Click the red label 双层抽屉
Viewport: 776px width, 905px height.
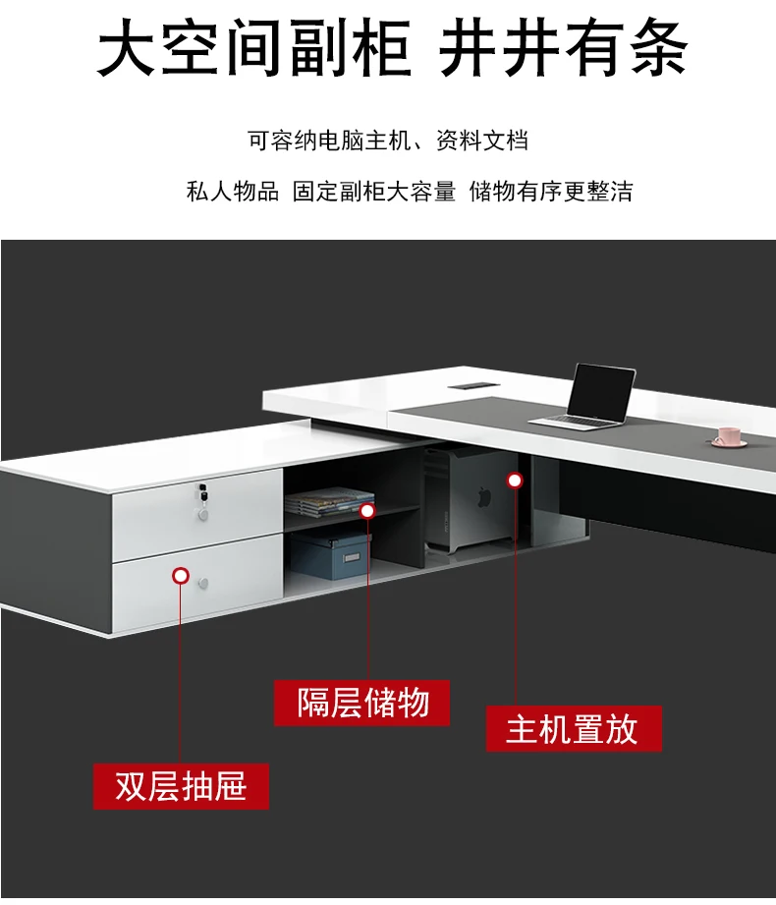pos(181,786)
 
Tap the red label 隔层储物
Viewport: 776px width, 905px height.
pos(362,703)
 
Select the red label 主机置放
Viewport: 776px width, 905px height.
pos(573,728)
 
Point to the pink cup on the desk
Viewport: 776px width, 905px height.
pos(728,435)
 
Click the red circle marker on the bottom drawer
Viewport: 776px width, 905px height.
pos(181,576)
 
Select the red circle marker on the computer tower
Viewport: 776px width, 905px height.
pos(515,480)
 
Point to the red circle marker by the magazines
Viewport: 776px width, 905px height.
pos(367,510)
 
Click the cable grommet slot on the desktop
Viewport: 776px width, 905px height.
pos(468,385)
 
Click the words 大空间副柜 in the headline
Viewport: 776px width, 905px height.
pos(253,51)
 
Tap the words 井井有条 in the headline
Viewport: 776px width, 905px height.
pos(563,51)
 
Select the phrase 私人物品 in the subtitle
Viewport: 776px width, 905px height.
pos(232,191)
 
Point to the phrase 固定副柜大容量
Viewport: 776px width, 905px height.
pos(374,191)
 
